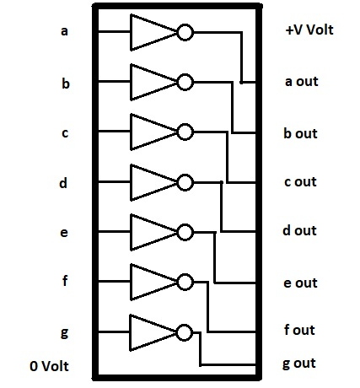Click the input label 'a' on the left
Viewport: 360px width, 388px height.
(64, 31)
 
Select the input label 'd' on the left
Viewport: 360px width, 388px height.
(63, 183)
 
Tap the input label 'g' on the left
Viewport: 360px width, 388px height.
(64, 333)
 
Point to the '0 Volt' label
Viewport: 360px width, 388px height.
(49, 366)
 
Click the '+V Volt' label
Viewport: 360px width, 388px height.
(309, 30)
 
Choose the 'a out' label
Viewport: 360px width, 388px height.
(302, 82)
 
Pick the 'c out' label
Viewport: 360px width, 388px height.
(300, 182)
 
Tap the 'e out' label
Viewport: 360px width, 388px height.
(300, 283)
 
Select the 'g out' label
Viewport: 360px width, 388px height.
(299, 364)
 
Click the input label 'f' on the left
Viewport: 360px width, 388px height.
(65, 280)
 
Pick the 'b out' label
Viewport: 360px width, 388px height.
(300, 133)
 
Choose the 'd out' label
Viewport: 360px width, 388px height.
(299, 230)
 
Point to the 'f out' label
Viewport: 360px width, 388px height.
(299, 330)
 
